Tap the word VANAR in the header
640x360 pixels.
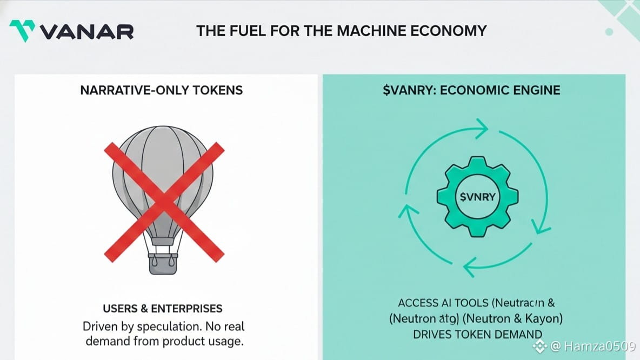[x=86, y=31]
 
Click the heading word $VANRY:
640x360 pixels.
[x=409, y=90]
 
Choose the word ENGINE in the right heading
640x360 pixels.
[x=536, y=90]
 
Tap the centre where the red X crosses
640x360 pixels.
[x=163, y=198]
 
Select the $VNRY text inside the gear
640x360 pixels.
[x=477, y=197]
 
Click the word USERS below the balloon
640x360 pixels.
[x=121, y=309]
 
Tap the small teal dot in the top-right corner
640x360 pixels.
[x=609, y=32]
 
